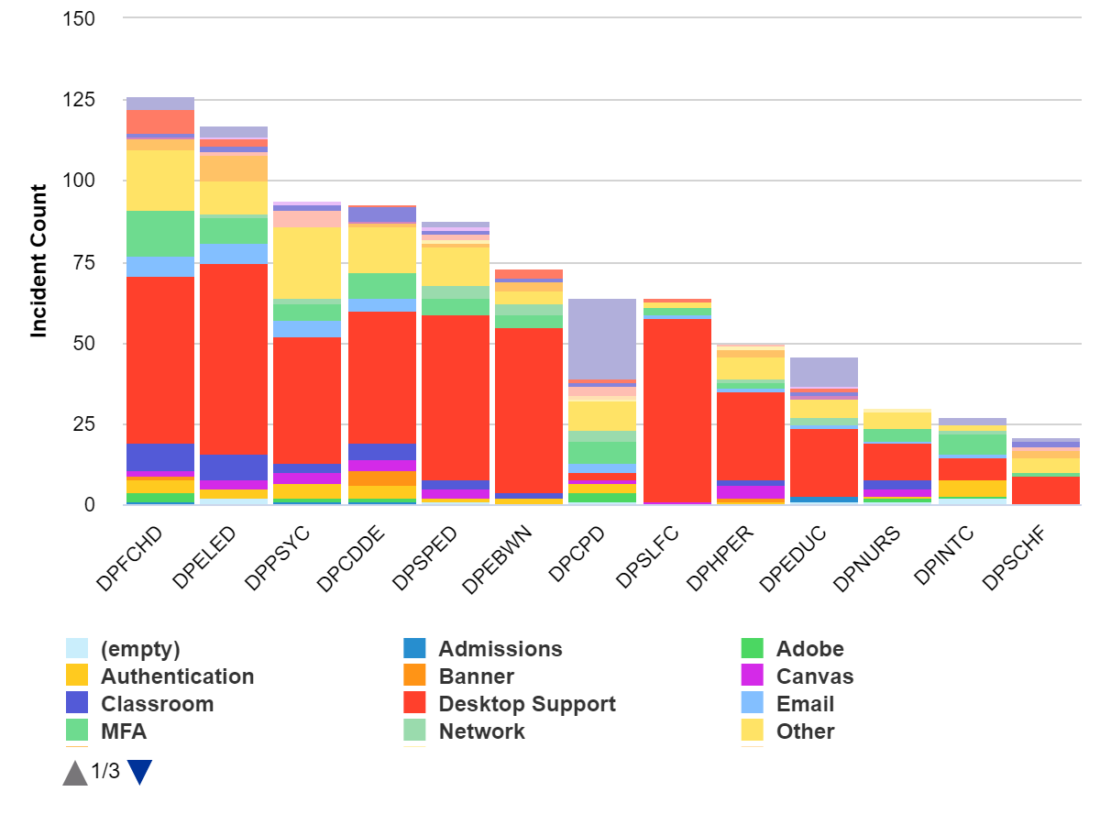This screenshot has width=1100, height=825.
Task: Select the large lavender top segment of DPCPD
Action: point(602,338)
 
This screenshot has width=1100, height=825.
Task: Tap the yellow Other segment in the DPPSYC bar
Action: point(307,262)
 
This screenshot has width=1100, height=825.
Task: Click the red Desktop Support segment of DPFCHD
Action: point(159,359)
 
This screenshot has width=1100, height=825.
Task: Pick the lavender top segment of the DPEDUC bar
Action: point(824,371)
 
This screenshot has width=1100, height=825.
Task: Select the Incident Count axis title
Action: point(38,261)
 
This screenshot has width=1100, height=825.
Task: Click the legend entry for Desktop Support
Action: point(526,704)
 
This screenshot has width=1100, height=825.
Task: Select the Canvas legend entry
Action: point(814,676)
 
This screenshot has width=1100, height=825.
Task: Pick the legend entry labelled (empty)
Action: point(139,649)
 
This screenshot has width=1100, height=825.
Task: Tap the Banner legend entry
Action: point(476,676)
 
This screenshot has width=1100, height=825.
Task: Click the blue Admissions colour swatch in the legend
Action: point(414,649)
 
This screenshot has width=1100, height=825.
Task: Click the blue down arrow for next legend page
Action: point(139,773)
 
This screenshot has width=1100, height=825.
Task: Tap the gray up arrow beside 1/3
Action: point(75,773)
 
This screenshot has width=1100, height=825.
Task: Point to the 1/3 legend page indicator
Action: point(105,772)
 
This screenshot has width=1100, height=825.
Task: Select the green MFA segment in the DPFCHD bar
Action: point(159,233)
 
